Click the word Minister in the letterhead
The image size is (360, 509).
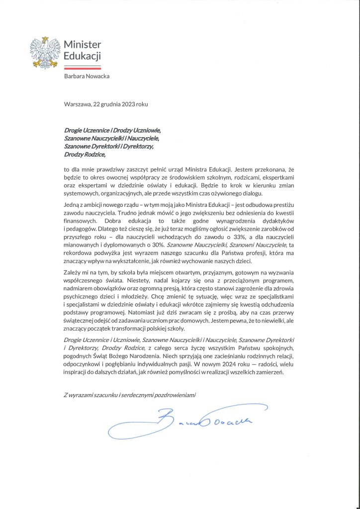coord(82,44)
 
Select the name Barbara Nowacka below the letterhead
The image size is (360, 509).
coord(87,76)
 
